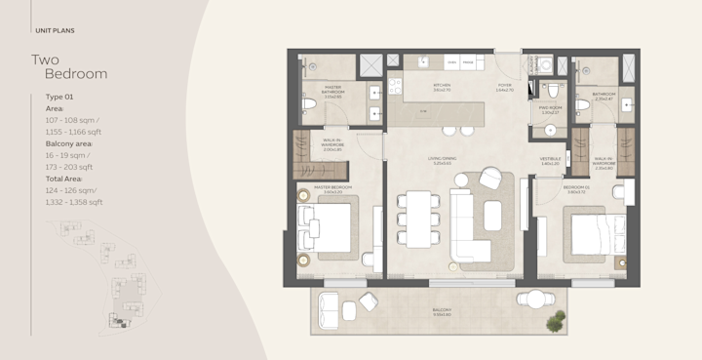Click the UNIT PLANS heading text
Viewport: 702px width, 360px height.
54,30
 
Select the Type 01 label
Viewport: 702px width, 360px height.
60,98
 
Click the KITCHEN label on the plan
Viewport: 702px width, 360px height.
442,86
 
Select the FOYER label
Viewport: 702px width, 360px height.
504,86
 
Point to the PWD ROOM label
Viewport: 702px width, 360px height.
549,109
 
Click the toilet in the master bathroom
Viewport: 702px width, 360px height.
309,102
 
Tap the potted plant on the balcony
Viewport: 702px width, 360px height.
555,319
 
